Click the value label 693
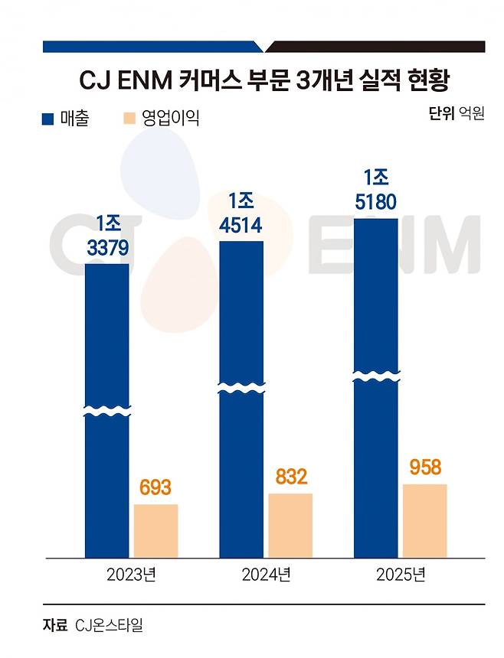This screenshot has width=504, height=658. [155, 488]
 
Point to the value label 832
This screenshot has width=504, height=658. [290, 477]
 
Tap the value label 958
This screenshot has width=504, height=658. [425, 467]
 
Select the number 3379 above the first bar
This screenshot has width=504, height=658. [107, 248]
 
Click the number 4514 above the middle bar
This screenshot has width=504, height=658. [241, 226]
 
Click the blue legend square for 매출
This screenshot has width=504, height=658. [47, 119]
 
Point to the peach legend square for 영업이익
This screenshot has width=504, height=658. [129, 119]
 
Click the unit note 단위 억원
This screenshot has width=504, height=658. [457, 116]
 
